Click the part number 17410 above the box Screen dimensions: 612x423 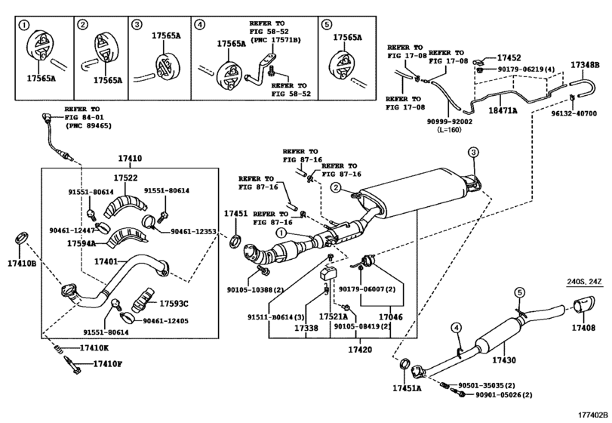tap(130, 159)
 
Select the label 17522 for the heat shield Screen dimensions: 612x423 tap(125, 178)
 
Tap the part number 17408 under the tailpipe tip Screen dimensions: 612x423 tap(583, 328)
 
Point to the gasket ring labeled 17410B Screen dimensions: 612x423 tap(21, 237)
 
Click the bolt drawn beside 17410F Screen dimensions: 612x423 tap(72, 365)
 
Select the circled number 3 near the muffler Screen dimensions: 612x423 tap(473, 153)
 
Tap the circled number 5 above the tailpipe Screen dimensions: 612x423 tap(519, 292)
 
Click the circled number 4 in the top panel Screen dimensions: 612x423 tap(199, 25)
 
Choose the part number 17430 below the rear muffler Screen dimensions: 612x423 tap(504, 360)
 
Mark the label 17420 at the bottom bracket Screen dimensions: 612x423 tap(360, 350)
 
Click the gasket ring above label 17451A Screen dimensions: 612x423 tap(404, 363)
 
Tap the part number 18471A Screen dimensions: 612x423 tap(503, 111)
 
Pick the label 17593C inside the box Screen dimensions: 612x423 tap(174, 304)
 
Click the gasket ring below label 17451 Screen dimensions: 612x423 tap(235, 241)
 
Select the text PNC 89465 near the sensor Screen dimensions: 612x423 tap(88, 126)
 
